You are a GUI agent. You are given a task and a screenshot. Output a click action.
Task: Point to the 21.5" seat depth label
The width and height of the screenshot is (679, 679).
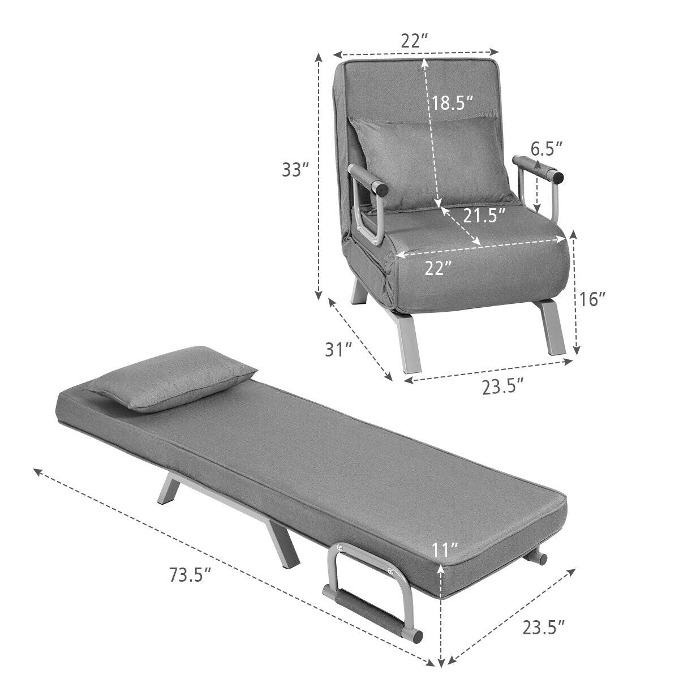tap(484, 216)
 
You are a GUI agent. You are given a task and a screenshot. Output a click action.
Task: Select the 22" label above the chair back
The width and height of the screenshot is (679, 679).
tap(415, 41)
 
